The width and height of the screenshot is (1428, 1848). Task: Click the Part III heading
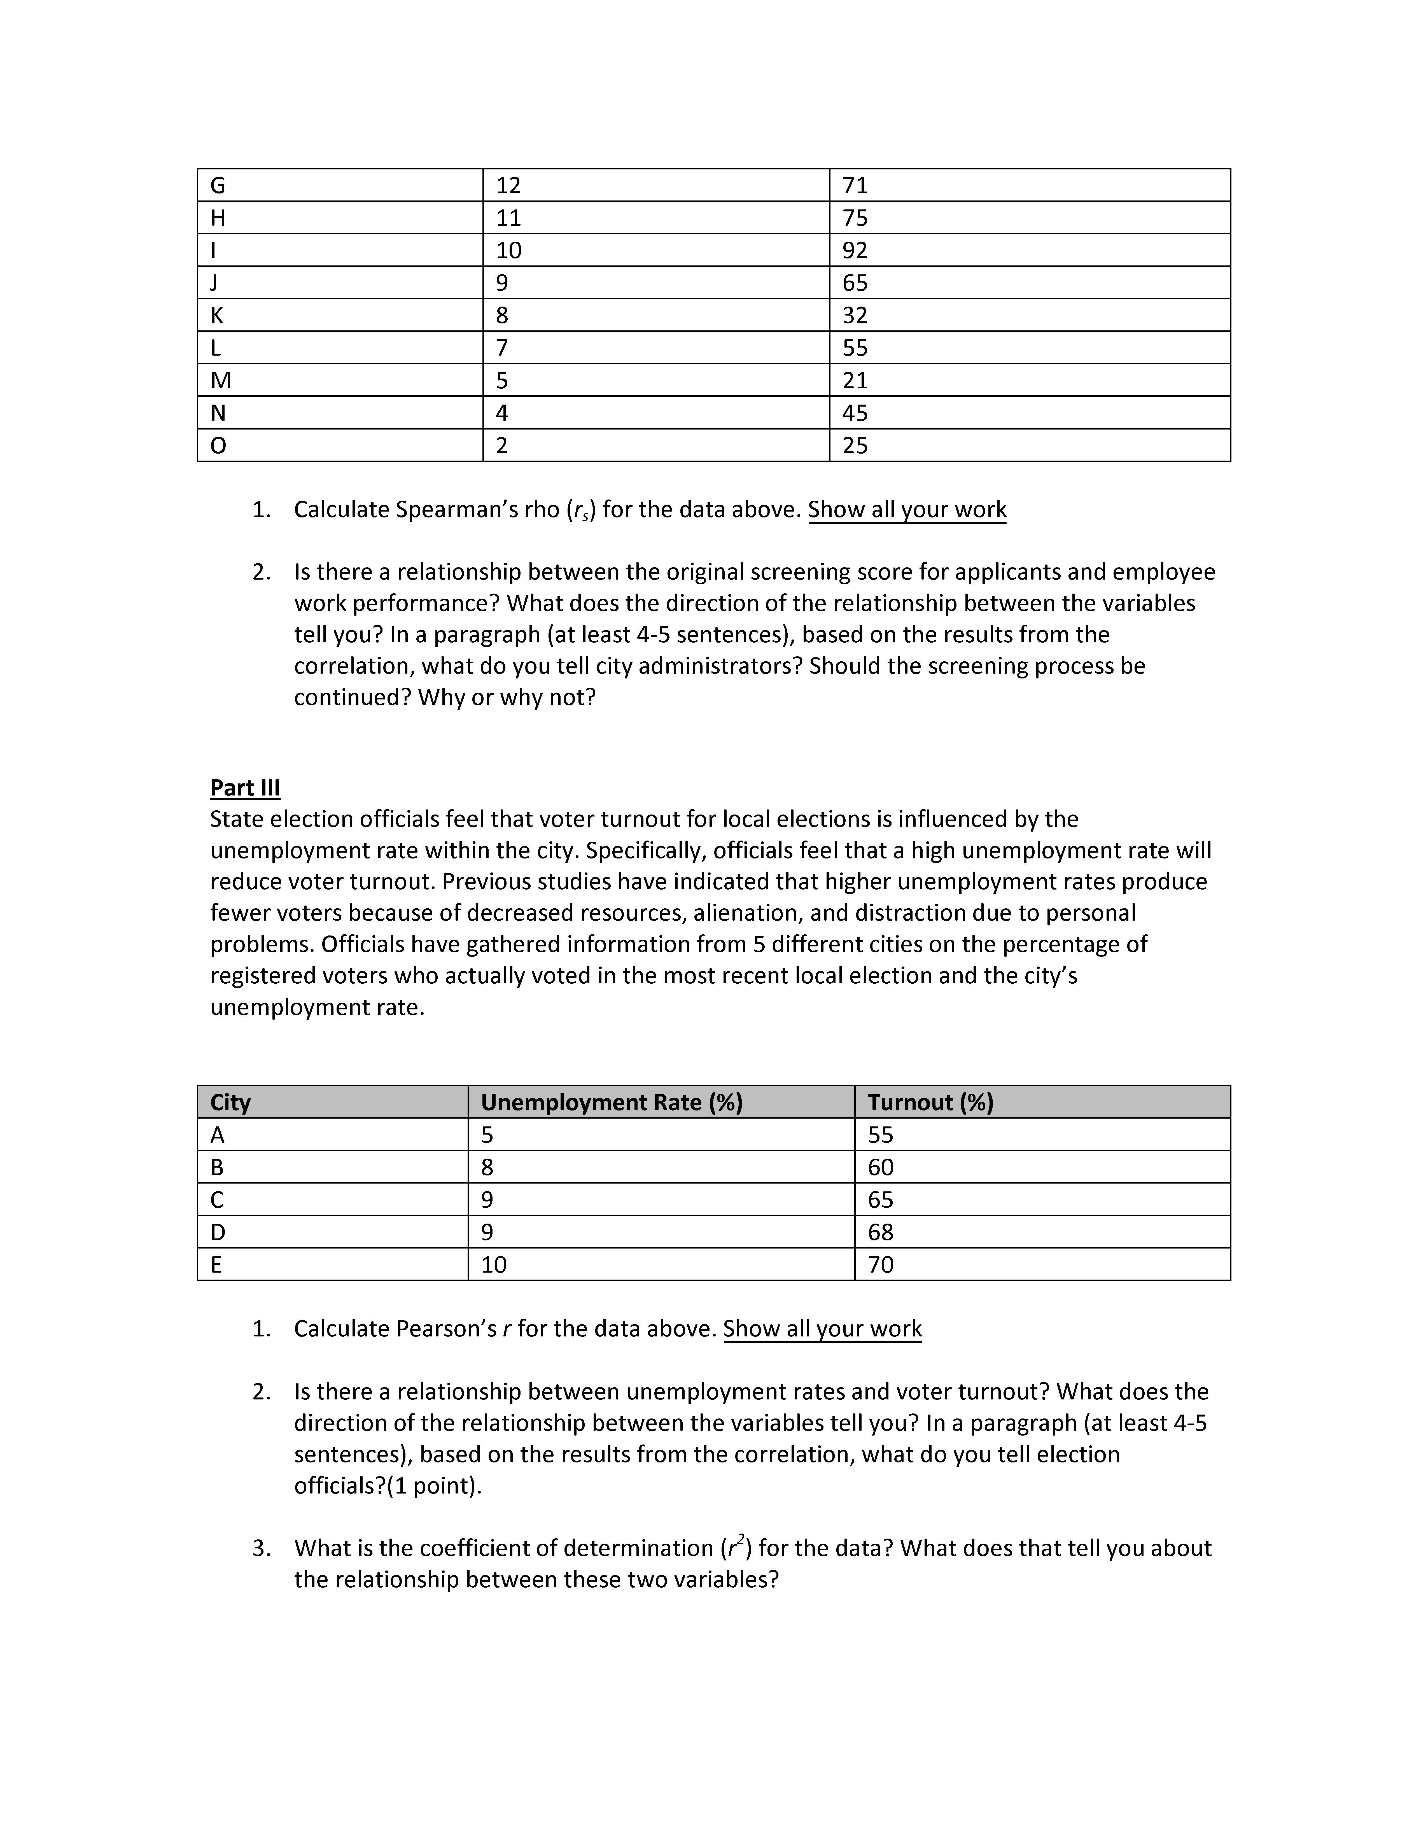pos(244,788)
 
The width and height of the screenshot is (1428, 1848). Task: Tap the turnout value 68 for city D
pos(881,1232)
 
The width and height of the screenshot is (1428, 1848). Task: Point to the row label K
pos(216,316)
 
